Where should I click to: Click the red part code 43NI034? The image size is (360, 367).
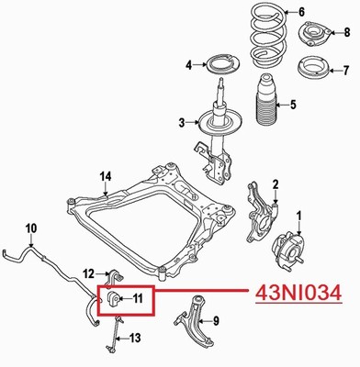point(298,294)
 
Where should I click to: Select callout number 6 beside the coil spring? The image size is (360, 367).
point(301,13)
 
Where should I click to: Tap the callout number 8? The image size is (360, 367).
point(347,32)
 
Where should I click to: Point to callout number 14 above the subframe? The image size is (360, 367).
point(107,177)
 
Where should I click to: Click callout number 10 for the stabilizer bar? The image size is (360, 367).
point(31,228)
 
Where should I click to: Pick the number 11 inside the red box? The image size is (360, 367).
point(139,298)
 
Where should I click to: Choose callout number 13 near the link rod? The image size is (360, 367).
point(135,338)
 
